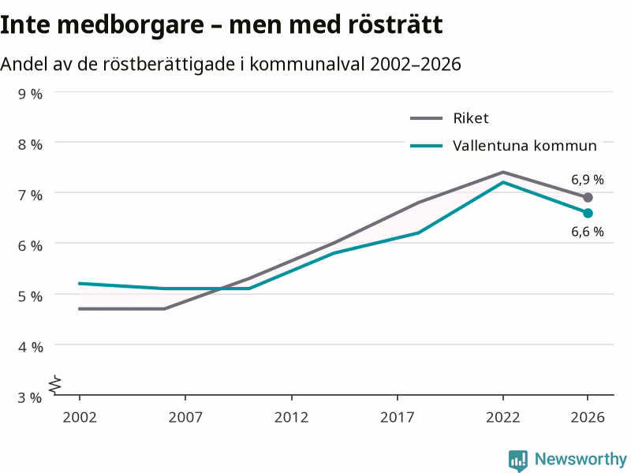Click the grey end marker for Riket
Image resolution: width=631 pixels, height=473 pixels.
(588, 198)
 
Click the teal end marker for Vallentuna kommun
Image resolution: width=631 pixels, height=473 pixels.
(588, 213)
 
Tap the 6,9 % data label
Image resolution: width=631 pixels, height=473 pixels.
(588, 180)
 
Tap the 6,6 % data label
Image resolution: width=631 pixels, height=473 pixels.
(588, 232)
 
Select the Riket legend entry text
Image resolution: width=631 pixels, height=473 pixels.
(471, 118)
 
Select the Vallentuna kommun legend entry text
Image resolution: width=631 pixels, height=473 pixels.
(525, 146)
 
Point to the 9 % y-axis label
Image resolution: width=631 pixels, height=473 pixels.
(30, 94)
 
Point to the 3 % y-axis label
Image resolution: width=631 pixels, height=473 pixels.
(30, 397)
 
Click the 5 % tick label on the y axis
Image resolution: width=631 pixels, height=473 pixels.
(30, 296)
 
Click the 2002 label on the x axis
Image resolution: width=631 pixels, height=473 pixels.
(80, 417)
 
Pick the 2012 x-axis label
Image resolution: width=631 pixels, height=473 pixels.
(291, 417)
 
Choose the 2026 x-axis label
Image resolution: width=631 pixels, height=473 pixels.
(588, 417)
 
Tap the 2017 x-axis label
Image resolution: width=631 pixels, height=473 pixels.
(398, 417)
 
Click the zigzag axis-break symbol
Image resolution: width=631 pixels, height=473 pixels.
(55, 385)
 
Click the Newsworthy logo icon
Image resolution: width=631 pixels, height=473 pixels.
(518, 460)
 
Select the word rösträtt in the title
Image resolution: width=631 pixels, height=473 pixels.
(395, 25)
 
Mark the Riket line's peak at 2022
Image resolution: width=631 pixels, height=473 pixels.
(503, 172)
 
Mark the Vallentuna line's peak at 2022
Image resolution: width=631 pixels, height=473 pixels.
(503, 182)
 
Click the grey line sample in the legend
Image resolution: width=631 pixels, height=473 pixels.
(426, 118)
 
